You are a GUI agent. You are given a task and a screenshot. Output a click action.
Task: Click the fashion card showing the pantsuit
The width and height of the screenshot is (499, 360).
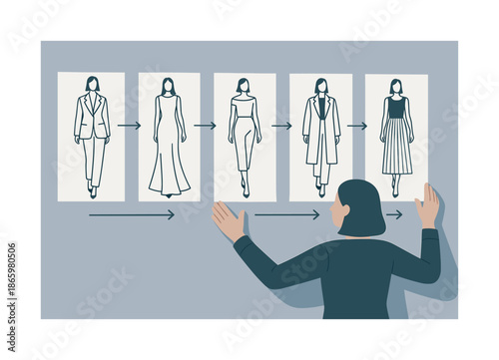91,136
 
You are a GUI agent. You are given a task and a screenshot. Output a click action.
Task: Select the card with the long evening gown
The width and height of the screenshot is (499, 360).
169,136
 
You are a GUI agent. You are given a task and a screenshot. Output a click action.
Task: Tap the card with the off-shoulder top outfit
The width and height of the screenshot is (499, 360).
245,136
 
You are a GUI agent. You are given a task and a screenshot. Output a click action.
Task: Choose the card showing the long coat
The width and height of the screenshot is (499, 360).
320,136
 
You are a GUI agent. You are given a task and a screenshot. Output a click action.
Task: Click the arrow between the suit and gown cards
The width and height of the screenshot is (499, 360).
129,126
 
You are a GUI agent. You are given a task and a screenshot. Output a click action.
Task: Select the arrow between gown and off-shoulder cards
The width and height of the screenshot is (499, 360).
205,126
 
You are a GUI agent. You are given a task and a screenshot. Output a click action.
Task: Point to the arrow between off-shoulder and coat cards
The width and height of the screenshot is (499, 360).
281,126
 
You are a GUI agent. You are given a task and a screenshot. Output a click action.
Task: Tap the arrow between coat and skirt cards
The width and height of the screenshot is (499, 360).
357,126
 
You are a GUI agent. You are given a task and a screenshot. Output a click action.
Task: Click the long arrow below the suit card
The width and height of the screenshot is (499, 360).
131,214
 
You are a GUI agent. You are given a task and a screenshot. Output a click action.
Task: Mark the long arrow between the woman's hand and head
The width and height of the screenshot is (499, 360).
286,214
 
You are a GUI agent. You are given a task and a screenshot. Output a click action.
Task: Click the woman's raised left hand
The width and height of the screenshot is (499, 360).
229,220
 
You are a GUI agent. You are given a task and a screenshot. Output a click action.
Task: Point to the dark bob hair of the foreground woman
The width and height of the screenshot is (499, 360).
362,206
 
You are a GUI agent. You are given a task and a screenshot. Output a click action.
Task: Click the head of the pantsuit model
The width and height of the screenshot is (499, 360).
92,84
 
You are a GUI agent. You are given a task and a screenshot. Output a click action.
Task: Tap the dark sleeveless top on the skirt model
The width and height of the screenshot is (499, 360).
396,108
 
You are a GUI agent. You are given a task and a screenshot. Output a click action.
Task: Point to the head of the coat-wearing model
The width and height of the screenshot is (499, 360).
320,86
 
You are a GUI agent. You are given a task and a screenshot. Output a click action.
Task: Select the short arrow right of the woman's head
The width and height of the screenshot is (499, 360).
394,214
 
